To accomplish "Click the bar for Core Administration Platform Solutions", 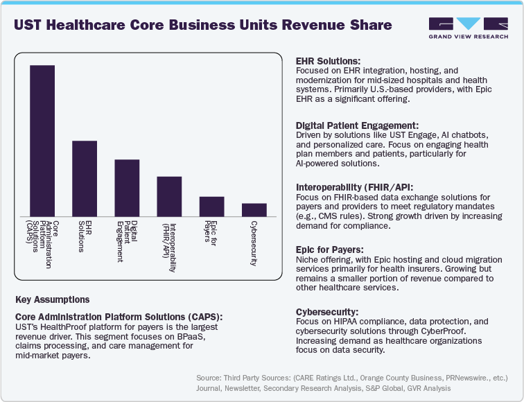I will coord(42,141).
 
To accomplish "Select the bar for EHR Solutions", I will coord(85,179).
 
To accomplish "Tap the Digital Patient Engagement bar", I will coord(127,188).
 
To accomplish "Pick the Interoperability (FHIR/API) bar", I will coord(169,196).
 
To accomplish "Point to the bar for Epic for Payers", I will coord(211,207).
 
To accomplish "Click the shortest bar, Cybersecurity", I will coord(254,209).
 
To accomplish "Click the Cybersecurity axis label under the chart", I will coord(254,243).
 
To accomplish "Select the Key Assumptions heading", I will coord(52,300).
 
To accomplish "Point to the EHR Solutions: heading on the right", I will coord(329,62).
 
